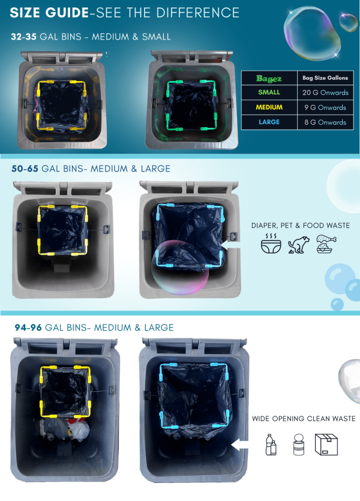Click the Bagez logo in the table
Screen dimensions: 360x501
pyautogui.click(x=269, y=78)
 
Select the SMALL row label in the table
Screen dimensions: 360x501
pyautogui.click(x=269, y=92)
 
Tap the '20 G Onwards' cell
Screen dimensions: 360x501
pyautogui.click(x=325, y=92)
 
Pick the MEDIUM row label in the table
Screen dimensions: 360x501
pyautogui.click(x=269, y=107)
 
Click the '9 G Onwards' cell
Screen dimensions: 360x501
pyautogui.click(x=325, y=107)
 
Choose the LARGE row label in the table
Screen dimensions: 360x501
pyautogui.click(x=269, y=122)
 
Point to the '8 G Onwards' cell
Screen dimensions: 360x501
pyautogui.click(x=325, y=122)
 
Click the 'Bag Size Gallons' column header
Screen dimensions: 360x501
pyautogui.click(x=325, y=77)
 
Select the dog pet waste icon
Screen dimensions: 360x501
pyautogui.click(x=299, y=245)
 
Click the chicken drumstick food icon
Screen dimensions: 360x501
pyautogui.click(x=326, y=244)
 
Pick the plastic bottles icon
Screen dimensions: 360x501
pyautogui.click(x=271, y=444)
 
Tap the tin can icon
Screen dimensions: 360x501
pyautogui.click(x=299, y=444)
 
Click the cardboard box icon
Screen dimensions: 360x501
pyautogui.click(x=326, y=444)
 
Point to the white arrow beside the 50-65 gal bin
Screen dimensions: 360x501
pyautogui.click(x=230, y=245)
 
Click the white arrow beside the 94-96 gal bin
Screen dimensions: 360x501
pyautogui.click(x=239, y=445)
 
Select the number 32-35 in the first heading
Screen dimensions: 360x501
pyautogui.click(x=23, y=37)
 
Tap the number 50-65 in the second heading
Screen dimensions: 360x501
pyautogui.click(x=25, y=169)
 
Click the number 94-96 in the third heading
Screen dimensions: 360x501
pyautogui.click(x=28, y=328)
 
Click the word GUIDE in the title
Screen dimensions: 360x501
pyautogui.click(x=67, y=13)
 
